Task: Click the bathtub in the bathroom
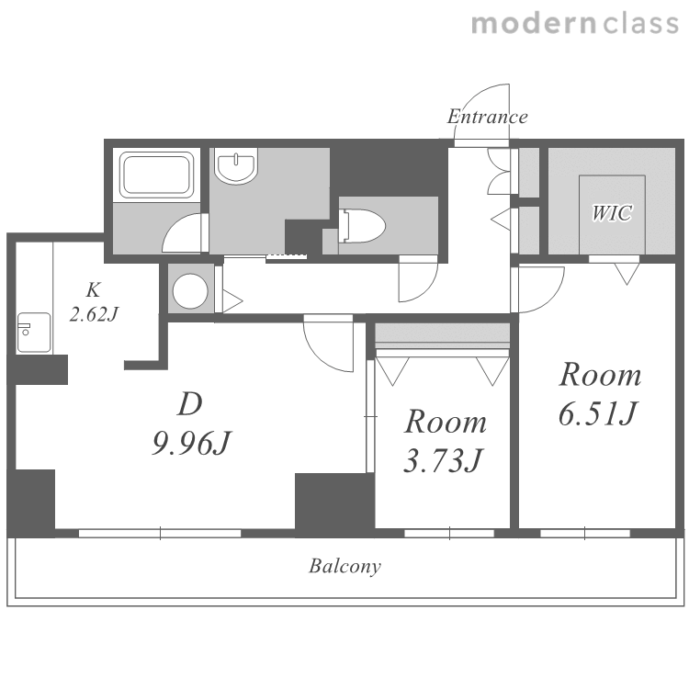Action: [x=157, y=175]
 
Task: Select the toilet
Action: [x=362, y=226]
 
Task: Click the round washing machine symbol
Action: [x=190, y=290]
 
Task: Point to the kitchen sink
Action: [x=34, y=333]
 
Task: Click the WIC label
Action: [x=612, y=213]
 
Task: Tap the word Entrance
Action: [x=487, y=117]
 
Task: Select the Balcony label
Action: [x=344, y=566]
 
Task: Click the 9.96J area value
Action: [x=192, y=443]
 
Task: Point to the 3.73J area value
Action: [x=444, y=460]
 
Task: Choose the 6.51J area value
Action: [x=598, y=413]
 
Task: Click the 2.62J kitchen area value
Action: [x=94, y=314]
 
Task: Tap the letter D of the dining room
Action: [x=190, y=404]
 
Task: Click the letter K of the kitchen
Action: [x=93, y=289]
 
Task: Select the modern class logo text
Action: [x=575, y=23]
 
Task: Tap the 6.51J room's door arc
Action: [x=551, y=299]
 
